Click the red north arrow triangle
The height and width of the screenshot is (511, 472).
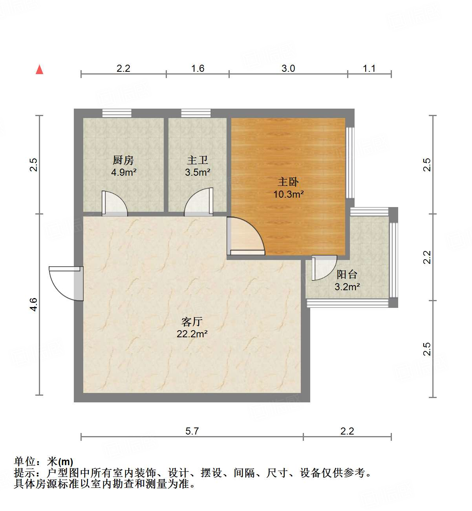pos(39,70)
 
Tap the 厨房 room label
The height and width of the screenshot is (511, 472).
pos(123,160)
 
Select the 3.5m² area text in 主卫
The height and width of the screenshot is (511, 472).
pos(198,172)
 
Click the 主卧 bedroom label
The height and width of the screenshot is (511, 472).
pos(288,182)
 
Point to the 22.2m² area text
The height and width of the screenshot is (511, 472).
pos(192,334)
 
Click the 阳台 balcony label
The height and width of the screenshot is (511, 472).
pos(347,275)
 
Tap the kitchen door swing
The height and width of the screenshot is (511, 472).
pos(114,204)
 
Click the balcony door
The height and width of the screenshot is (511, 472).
pos(324,267)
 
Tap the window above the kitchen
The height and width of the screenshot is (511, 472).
pos(117,113)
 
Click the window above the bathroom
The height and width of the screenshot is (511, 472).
pos(196,113)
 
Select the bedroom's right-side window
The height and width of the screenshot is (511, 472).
pos(350,162)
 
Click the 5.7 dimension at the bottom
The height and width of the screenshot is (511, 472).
pos(192,431)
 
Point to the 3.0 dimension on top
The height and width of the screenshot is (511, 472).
pos(288,69)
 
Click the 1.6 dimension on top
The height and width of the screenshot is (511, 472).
pos(198,69)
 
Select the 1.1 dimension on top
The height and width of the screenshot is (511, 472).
pos(369,69)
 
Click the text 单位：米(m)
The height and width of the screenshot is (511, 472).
pos(44,462)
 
